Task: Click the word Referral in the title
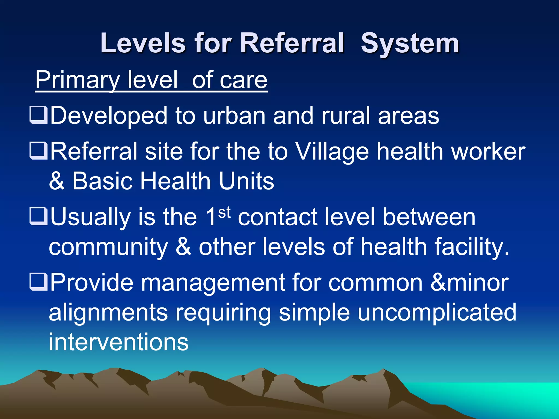(x=292, y=43)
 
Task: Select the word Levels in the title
(x=143, y=43)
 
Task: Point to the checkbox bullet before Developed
(x=38, y=115)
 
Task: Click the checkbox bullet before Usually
(x=38, y=217)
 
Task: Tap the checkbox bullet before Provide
(x=38, y=282)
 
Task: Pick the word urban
(x=234, y=116)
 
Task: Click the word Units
(x=246, y=181)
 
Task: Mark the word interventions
(x=119, y=342)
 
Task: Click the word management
(x=213, y=283)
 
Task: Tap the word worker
(x=488, y=152)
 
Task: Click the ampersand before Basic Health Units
(x=57, y=181)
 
